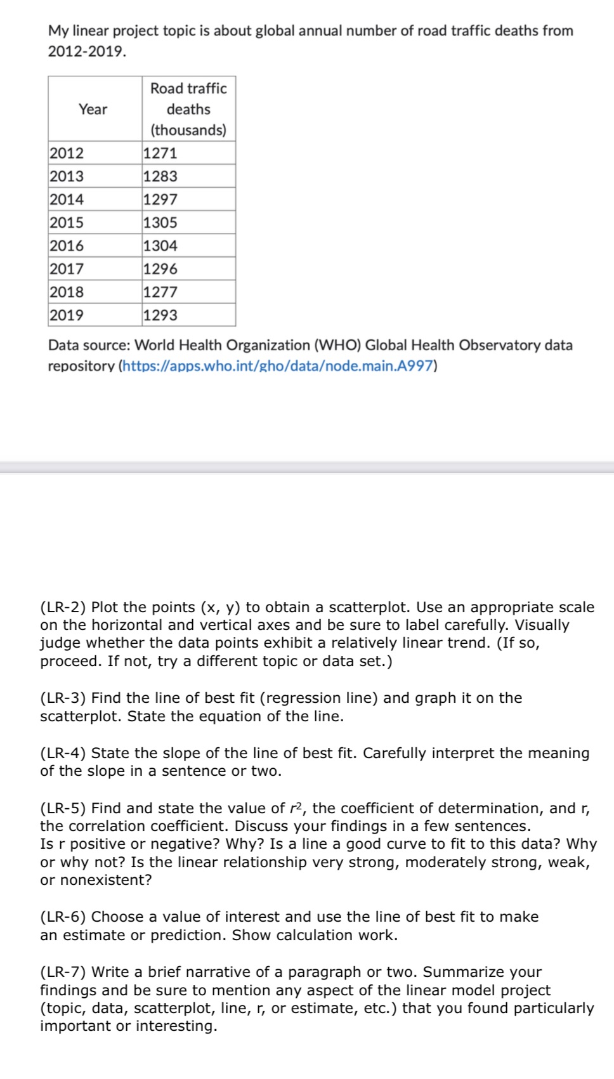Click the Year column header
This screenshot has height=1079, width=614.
pos(93,109)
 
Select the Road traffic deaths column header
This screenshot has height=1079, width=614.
pos(188,109)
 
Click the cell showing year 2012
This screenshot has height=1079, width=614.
pos(67,153)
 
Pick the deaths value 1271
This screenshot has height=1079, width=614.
pos(160,153)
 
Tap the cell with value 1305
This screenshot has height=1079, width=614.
pos(160,223)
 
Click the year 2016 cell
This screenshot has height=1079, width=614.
pos(67,245)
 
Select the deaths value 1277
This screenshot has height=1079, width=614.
pos(160,292)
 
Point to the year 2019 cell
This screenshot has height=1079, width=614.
pos(67,315)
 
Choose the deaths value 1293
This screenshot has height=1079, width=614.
pos(160,315)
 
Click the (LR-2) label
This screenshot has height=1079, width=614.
pos(63,607)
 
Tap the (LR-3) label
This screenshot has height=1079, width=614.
pos(63,698)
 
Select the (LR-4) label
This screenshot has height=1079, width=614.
pos(63,753)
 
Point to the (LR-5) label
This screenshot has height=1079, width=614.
pos(63,808)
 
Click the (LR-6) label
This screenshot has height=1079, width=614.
pos(63,917)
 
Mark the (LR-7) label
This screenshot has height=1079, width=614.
pos(63,972)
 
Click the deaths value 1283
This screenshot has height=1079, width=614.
pos(160,176)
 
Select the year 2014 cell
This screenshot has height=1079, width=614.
pos(67,199)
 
